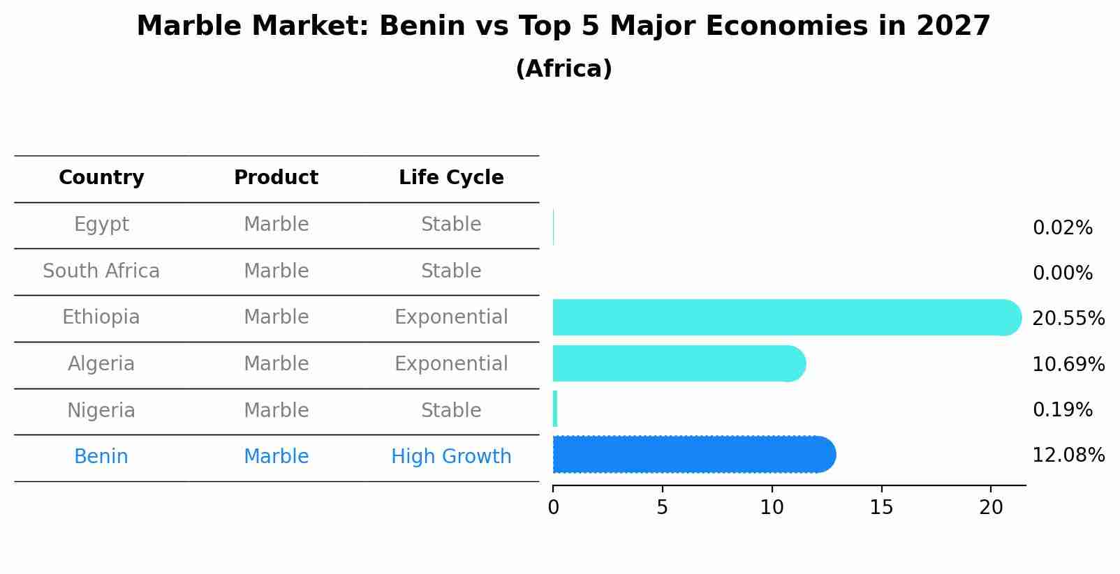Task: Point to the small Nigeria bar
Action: (x=555, y=409)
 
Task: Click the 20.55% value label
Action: (x=1068, y=319)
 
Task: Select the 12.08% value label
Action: (x=1068, y=455)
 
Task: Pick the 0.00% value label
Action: (x=1062, y=273)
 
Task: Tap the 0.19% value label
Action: (x=1062, y=410)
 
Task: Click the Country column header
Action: (x=101, y=178)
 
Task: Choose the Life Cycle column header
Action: (x=451, y=178)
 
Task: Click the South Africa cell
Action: (x=101, y=271)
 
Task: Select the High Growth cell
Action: (x=451, y=457)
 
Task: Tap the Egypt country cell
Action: (x=101, y=225)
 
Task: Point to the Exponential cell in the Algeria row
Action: (x=451, y=364)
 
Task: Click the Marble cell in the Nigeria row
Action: (x=276, y=411)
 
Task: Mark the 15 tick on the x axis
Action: (x=881, y=508)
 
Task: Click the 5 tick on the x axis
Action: (x=662, y=508)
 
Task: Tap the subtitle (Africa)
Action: (x=563, y=69)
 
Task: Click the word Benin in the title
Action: (x=422, y=27)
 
